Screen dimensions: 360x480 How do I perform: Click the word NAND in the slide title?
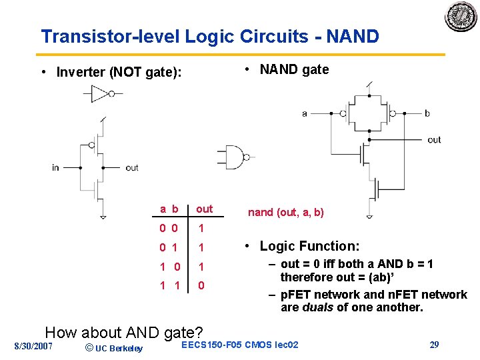pyautogui.click(x=347, y=36)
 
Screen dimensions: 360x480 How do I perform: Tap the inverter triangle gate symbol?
pyautogui.click(x=101, y=94)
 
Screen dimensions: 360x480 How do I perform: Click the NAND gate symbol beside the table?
pyautogui.click(x=235, y=157)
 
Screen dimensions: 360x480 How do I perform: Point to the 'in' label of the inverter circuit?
pyautogui.click(x=55, y=168)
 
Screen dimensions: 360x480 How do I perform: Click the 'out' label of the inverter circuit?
pyautogui.click(x=131, y=168)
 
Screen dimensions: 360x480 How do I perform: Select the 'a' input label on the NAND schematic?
pyautogui.click(x=305, y=113)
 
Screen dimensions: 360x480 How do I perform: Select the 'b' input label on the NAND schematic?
pyautogui.click(x=427, y=113)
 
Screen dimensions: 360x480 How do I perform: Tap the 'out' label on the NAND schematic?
pyautogui.click(x=434, y=140)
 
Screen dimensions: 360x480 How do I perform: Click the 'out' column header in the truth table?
pyautogui.click(x=204, y=209)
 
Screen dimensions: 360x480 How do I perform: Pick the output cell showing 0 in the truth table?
pyautogui.click(x=201, y=285)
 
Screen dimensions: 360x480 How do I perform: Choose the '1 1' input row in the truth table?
pyautogui.click(x=168, y=285)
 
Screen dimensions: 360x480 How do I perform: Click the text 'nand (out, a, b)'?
pyautogui.click(x=286, y=213)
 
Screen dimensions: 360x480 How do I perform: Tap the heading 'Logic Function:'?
pyautogui.click(x=309, y=246)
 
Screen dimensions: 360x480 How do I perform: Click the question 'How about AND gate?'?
pyautogui.click(x=123, y=332)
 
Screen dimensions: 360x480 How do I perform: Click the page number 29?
pyautogui.click(x=434, y=345)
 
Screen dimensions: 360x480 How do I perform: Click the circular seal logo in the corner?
pyautogui.click(x=461, y=16)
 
